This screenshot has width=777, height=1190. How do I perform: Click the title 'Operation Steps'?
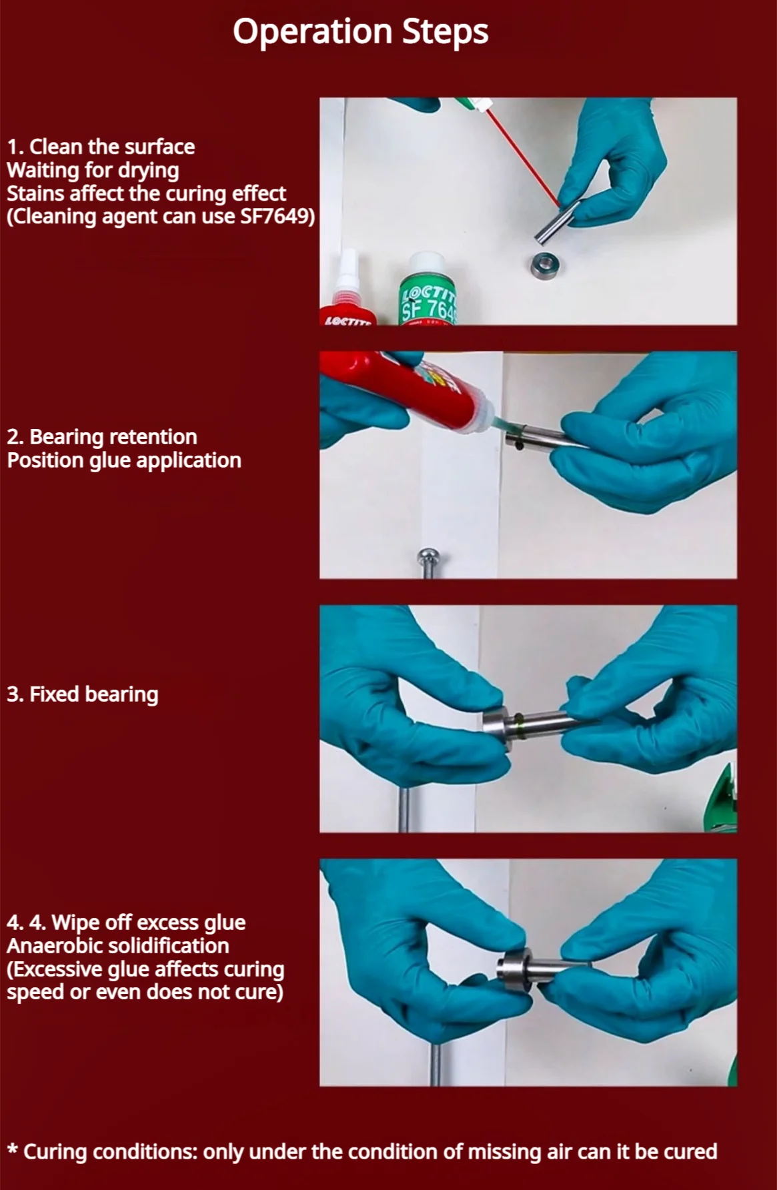click(360, 32)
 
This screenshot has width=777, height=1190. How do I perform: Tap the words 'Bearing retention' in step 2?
click(113, 437)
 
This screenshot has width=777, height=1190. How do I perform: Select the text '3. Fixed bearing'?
click(83, 694)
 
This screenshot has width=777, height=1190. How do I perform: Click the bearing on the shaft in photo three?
click(498, 728)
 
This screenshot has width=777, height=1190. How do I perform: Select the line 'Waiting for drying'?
click(93, 171)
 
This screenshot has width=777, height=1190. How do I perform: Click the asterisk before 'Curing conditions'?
click(13, 1149)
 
